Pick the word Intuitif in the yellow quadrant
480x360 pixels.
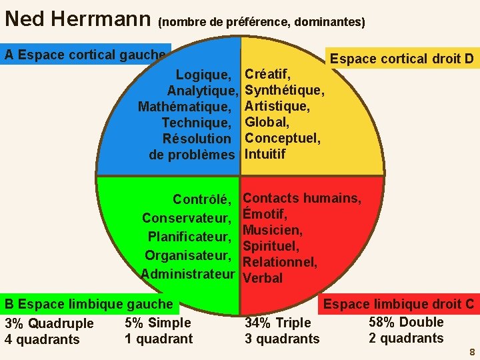(x=265, y=154)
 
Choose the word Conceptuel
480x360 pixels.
(x=283, y=138)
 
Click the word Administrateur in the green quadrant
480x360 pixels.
(x=188, y=274)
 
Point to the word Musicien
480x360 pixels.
(x=273, y=231)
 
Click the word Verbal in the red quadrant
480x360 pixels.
(x=263, y=278)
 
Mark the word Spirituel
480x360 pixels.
(x=271, y=247)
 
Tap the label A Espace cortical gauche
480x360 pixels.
(x=85, y=55)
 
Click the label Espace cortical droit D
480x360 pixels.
(x=401, y=59)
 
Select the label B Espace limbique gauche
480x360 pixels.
(x=89, y=305)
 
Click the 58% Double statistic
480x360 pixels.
(x=406, y=322)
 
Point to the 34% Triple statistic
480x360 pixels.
(x=278, y=323)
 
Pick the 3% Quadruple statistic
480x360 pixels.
(x=49, y=324)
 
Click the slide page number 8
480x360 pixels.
(x=472, y=352)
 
